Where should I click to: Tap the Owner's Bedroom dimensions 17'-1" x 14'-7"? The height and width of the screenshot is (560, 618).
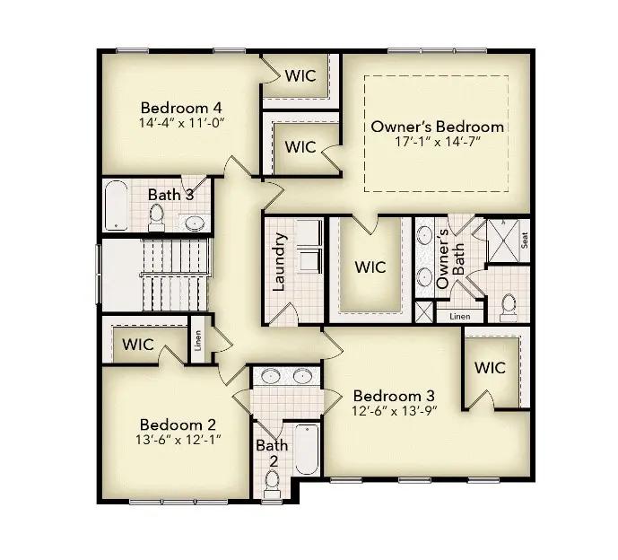click(438, 142)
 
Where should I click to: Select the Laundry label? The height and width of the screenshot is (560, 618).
click(279, 262)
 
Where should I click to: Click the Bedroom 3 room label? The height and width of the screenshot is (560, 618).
click(394, 396)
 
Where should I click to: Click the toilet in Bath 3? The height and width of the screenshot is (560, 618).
click(156, 215)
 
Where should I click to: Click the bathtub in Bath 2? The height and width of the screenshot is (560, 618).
click(306, 449)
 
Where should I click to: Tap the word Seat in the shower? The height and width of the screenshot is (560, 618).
click(524, 241)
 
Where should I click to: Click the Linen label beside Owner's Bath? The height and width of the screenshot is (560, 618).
click(459, 316)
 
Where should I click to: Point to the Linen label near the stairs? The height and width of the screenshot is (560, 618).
click(198, 342)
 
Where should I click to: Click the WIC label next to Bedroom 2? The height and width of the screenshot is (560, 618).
click(137, 345)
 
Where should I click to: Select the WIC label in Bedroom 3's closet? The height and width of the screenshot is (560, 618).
click(490, 368)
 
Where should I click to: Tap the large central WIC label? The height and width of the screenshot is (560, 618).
click(370, 267)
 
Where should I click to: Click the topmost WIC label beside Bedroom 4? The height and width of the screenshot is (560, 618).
click(300, 75)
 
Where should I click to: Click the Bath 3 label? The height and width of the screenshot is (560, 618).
click(170, 194)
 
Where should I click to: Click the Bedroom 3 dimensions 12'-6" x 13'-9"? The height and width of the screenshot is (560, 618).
click(394, 412)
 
